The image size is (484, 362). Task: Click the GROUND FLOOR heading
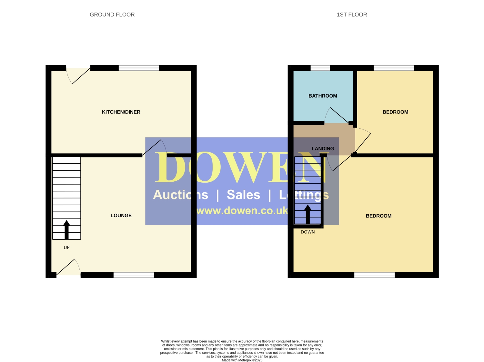112,15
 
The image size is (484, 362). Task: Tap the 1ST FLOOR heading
352,15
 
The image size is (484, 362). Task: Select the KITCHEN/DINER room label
121,112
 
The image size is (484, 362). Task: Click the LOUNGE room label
121,216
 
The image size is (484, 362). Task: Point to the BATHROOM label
323,96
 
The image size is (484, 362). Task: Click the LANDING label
323,149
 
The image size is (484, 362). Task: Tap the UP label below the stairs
66,248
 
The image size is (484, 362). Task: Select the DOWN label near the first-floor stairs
308,232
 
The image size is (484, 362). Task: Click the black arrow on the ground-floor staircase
66,230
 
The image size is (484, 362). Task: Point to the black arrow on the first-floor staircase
308,214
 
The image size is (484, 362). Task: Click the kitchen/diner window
139,68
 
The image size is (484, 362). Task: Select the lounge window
134,275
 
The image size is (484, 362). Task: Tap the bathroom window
320,68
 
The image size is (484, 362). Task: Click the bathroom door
339,115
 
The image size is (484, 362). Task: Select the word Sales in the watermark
243,195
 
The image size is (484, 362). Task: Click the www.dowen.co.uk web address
242,210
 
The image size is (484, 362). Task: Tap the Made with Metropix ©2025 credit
242,360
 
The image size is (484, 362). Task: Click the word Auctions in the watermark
181,195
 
